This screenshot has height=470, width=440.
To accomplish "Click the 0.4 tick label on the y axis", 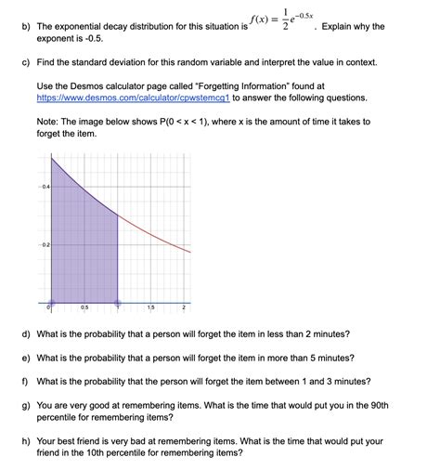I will pos(45,187).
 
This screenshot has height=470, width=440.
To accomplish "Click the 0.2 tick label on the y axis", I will pos(45,244).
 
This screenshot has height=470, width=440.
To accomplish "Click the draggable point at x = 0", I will pos(51,302).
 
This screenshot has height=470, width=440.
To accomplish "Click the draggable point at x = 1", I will pos(117,302).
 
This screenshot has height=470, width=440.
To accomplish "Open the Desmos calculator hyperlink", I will pos(133,97).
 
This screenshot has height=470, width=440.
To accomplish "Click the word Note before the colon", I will pos(48,121).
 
